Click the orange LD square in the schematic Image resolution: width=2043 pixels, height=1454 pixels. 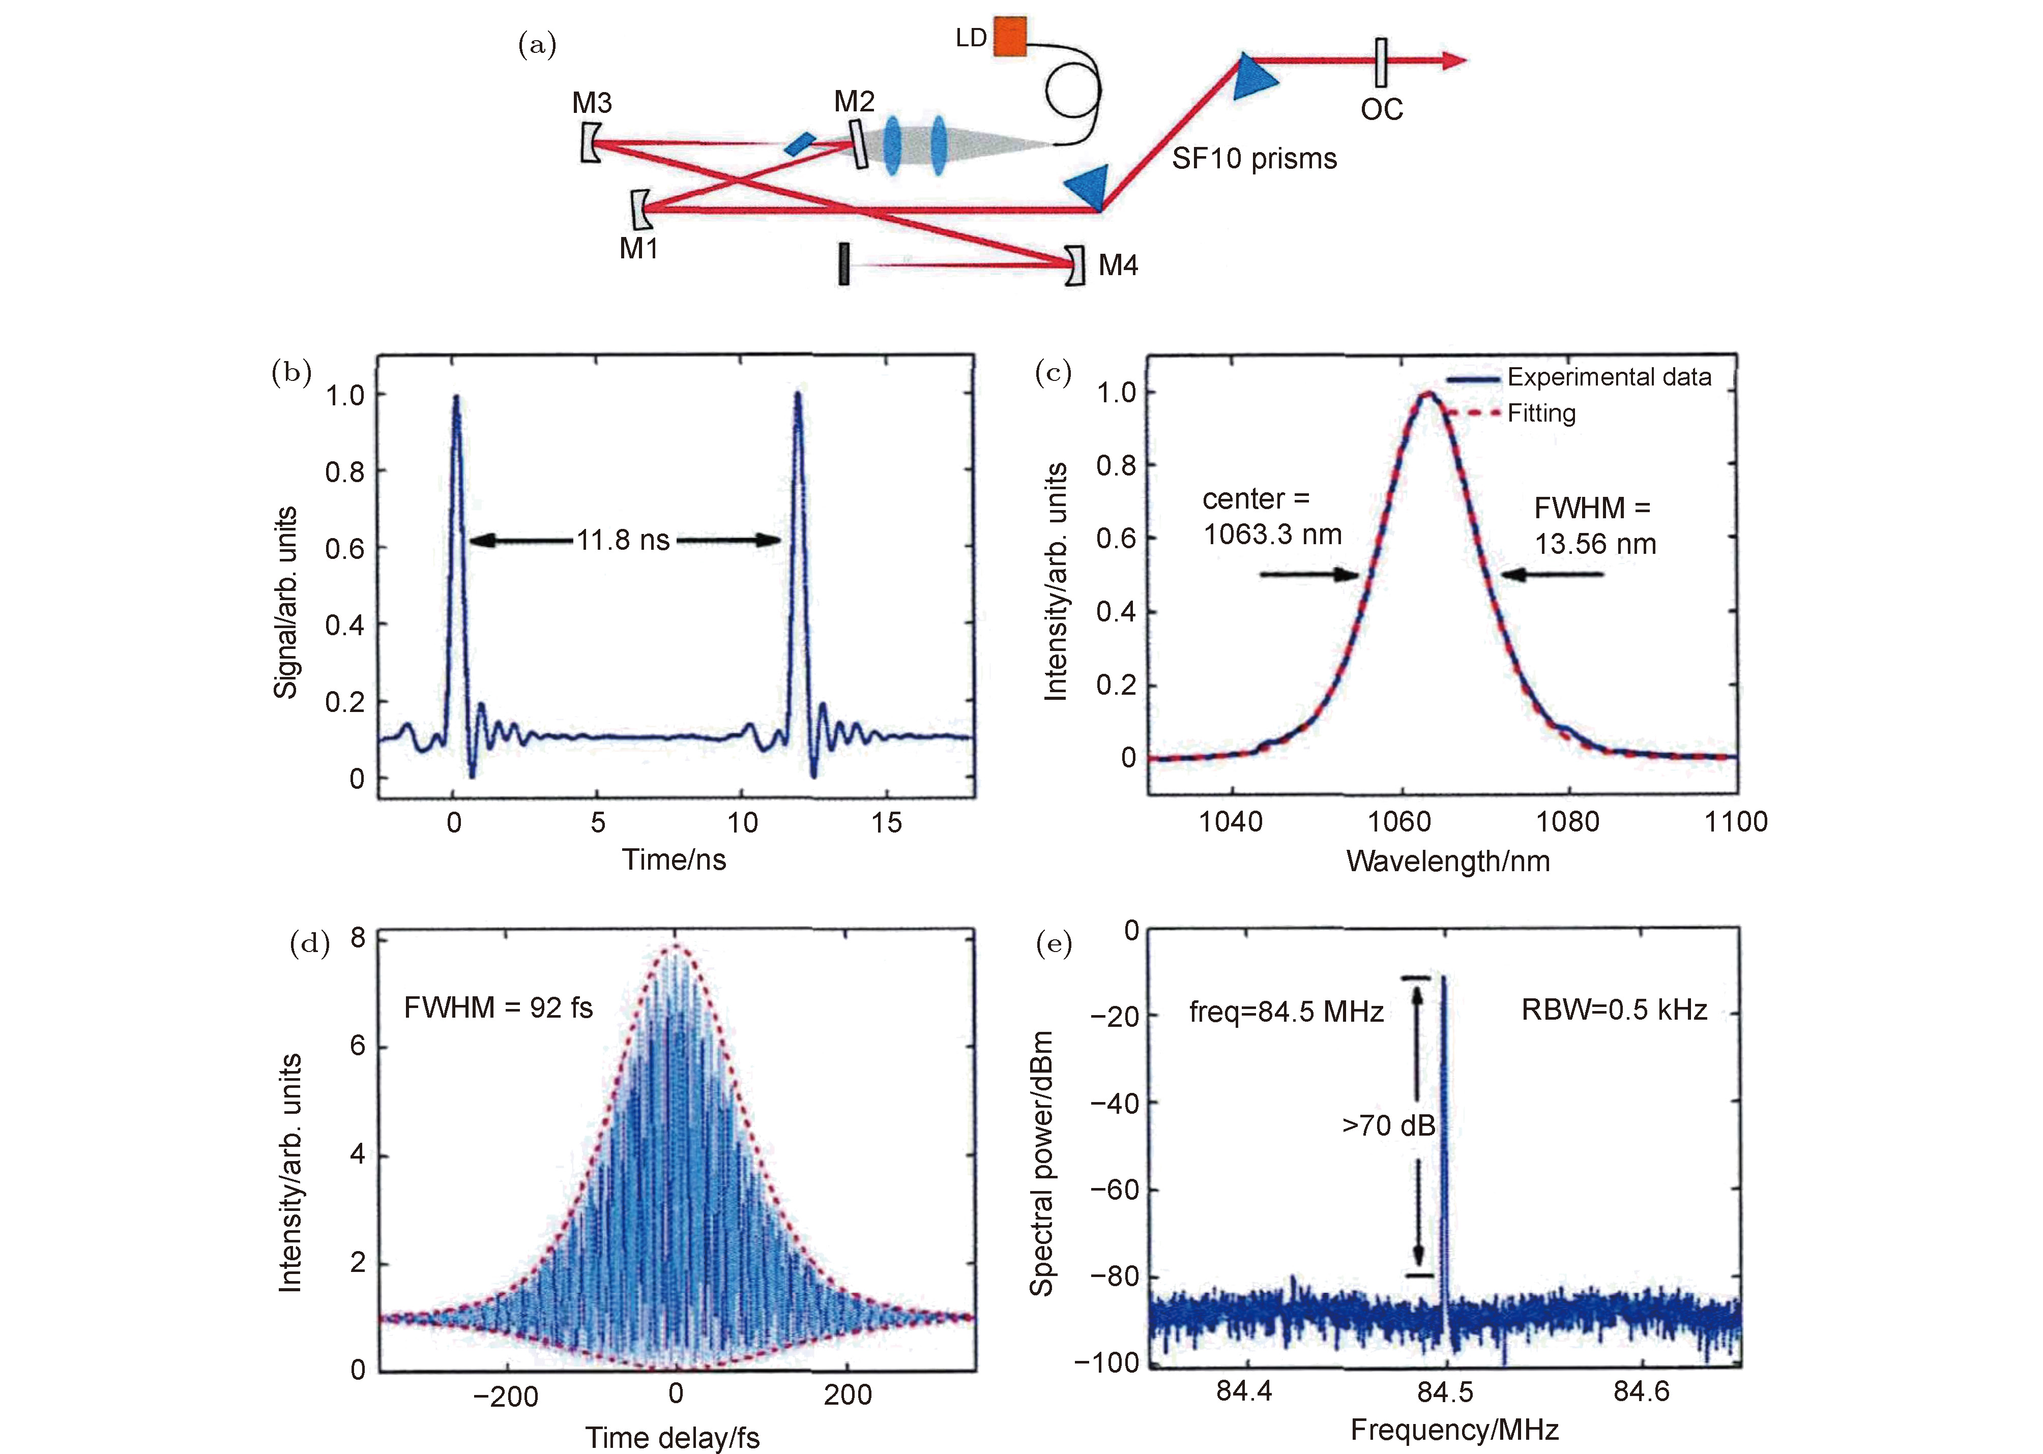click(1010, 36)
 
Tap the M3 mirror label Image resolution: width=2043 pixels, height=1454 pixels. click(592, 103)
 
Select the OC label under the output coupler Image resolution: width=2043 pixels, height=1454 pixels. click(1381, 109)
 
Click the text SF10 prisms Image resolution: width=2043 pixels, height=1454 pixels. click(1254, 159)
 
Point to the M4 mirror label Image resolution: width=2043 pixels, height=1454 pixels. click(1118, 265)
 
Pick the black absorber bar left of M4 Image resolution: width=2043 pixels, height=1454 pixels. click(844, 264)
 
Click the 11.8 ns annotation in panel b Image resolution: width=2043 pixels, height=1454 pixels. click(623, 540)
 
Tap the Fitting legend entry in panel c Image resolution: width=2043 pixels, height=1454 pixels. click(1541, 413)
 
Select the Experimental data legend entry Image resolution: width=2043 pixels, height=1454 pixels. click(1609, 377)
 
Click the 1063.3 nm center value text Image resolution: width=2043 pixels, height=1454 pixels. click(1272, 535)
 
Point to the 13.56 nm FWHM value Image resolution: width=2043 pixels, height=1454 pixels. click(1595, 544)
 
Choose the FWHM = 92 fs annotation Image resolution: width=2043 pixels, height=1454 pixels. click(498, 1007)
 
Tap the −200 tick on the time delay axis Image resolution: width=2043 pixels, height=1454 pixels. click(506, 1396)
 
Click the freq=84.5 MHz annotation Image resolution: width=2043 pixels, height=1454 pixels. click(1286, 1012)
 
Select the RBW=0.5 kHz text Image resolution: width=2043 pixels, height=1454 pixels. click(1614, 1010)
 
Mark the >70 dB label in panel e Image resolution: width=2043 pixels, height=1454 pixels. click(1388, 1125)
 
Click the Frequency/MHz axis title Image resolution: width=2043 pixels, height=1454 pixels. click(1454, 1430)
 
